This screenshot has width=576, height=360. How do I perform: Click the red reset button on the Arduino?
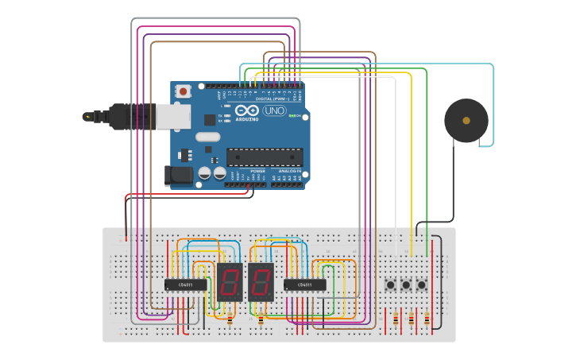184,91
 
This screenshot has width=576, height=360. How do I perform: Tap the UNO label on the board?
274,110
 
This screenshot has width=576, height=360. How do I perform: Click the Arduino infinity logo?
247,110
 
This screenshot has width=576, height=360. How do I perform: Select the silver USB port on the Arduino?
172,117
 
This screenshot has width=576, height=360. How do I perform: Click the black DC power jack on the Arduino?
178,176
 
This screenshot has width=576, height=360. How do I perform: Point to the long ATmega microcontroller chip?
264,157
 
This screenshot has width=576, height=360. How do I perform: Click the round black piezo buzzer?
466,121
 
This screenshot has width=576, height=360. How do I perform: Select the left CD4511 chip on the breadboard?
185,285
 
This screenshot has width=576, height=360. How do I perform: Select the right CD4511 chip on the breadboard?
305,285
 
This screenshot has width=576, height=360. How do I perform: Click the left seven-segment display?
229,282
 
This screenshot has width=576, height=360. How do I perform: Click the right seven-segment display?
261,282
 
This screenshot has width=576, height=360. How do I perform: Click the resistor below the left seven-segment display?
230,319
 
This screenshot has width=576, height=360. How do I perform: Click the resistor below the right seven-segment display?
261,319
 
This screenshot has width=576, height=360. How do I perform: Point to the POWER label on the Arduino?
258,171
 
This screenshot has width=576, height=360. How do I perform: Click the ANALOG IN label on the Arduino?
289,171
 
